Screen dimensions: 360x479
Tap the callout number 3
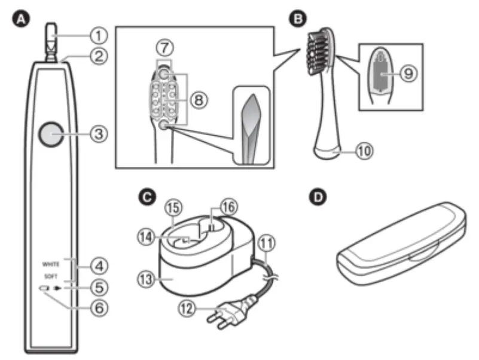tap(98, 134)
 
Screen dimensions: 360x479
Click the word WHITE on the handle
tap(51, 263)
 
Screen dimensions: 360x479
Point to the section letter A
tap(23, 20)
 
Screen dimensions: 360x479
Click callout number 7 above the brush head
tap(164, 47)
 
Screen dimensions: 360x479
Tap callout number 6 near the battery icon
tap(98, 308)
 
